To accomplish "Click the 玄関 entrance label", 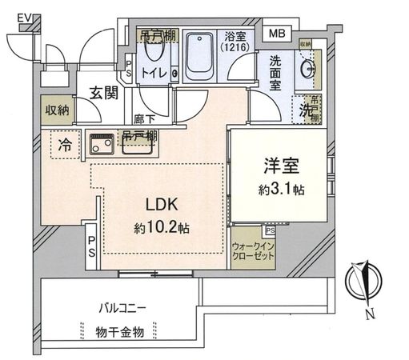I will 103,93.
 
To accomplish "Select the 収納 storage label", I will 57,109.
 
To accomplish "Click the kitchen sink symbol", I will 102,146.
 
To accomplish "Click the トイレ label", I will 155,74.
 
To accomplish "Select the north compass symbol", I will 363,285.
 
